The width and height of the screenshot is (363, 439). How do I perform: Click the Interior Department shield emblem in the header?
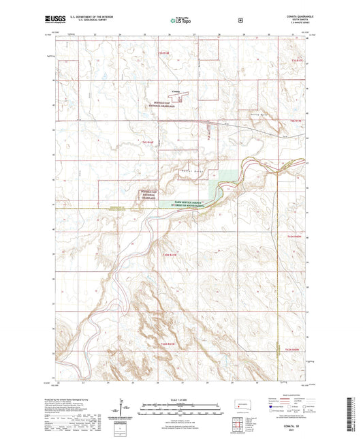point(240,20)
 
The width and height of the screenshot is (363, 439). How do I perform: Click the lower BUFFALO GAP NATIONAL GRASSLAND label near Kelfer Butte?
point(151,196)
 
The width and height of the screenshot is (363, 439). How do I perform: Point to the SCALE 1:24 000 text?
point(180,399)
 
